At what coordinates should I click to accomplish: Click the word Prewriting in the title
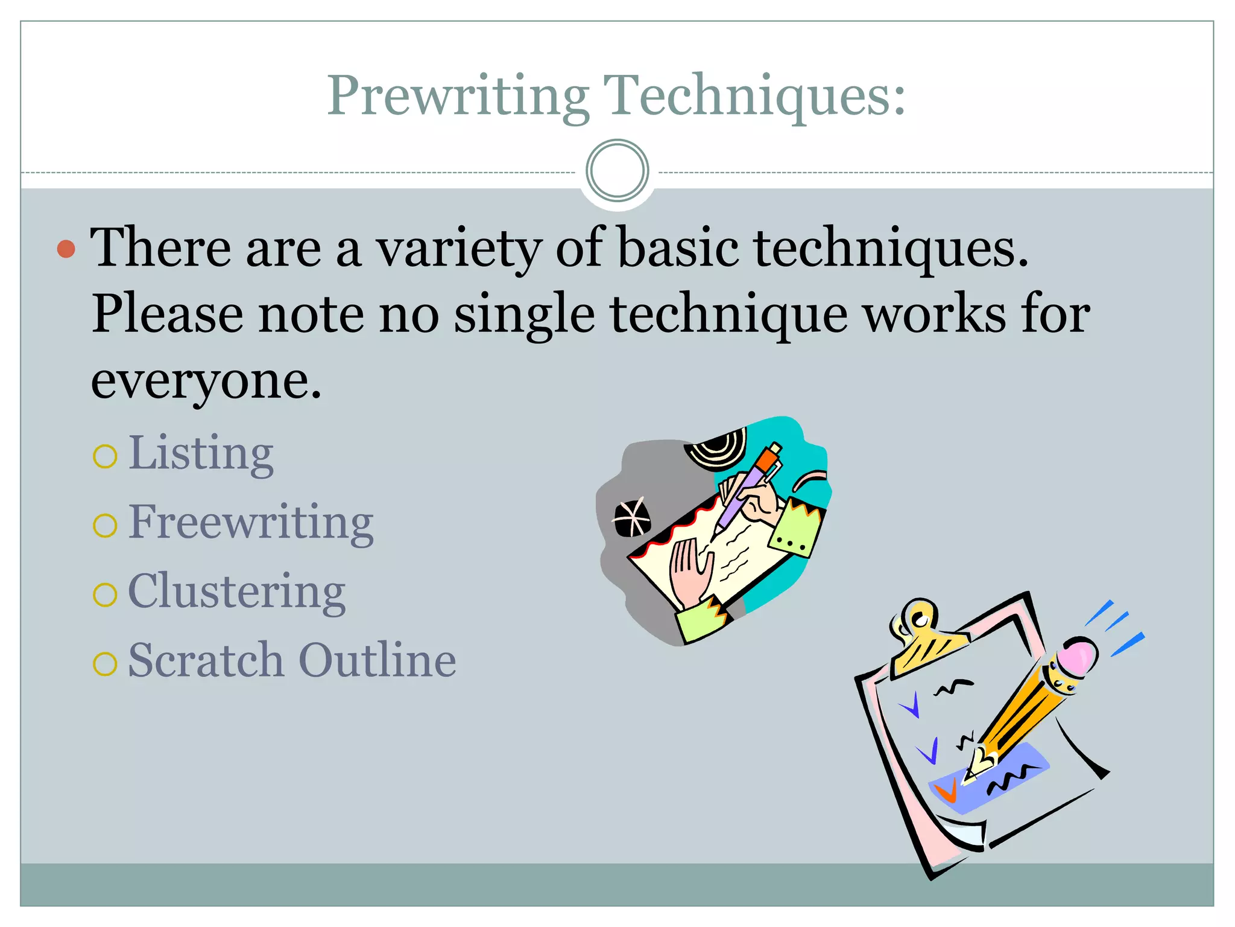pyautogui.click(x=458, y=97)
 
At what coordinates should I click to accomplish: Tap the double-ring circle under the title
pyautogui.click(x=617, y=171)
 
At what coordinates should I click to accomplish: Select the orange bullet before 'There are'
pyautogui.click(x=66, y=249)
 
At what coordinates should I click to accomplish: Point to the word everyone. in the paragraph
pyautogui.click(x=206, y=381)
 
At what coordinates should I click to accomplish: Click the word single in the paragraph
pyautogui.click(x=524, y=315)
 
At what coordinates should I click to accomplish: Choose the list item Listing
pyautogui.click(x=201, y=454)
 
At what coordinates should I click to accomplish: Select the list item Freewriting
pyautogui.click(x=251, y=523)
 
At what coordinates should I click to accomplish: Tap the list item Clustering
pyautogui.click(x=236, y=593)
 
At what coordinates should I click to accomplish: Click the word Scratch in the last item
pyautogui.click(x=206, y=661)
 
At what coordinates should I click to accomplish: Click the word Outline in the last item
pyautogui.click(x=377, y=661)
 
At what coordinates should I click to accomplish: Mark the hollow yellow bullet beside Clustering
pyautogui.click(x=105, y=595)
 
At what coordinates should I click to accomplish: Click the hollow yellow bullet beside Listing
pyautogui.click(x=105, y=456)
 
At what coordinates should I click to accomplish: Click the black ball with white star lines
pyautogui.click(x=631, y=518)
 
